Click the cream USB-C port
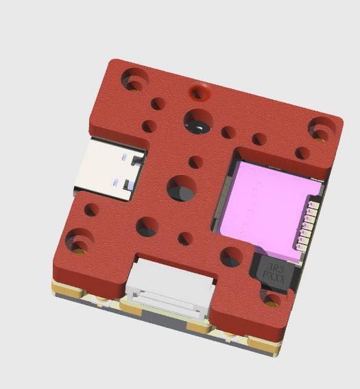110,168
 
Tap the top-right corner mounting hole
322,128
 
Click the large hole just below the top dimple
198,121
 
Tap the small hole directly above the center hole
195,163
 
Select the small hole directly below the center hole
185,239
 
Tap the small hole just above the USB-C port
147,126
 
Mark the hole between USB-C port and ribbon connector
147,226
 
